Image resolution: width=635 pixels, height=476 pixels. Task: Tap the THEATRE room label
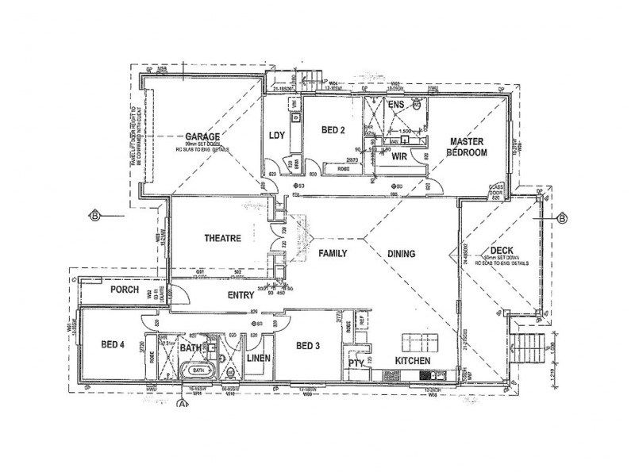[x=222, y=238]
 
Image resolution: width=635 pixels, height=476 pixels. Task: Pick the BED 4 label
[x=114, y=345]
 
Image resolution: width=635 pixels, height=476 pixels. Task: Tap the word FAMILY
[x=334, y=255]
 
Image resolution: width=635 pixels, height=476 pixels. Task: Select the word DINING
[x=402, y=255]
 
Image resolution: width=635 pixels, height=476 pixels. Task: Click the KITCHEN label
[x=412, y=361]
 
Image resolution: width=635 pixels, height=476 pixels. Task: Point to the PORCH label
[x=125, y=290]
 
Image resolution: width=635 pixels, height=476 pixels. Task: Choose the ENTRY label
[x=241, y=295]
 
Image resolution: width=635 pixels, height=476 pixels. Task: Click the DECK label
[x=502, y=249]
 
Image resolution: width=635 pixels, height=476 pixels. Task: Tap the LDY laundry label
[x=277, y=134]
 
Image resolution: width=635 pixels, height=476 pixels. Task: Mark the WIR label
[x=399, y=157]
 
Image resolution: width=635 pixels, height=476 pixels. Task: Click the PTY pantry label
[x=356, y=363]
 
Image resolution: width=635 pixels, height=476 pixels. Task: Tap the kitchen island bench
[x=416, y=343]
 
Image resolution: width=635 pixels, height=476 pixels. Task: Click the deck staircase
[x=527, y=346]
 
